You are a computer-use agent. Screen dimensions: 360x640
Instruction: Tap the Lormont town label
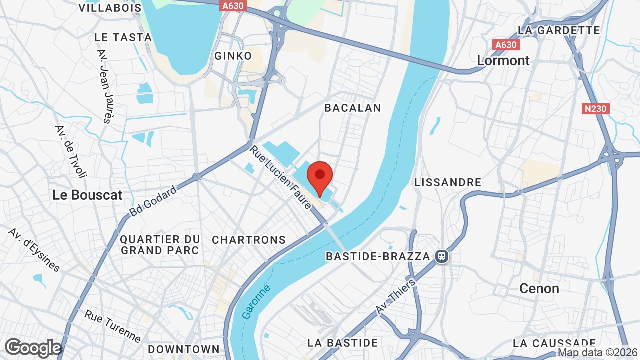click(503, 60)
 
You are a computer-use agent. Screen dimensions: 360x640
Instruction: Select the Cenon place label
click(539, 288)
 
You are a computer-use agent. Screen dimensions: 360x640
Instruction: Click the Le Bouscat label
click(87, 195)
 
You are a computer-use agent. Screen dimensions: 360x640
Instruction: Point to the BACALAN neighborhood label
click(352, 108)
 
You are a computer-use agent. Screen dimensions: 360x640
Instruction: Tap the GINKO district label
click(233, 56)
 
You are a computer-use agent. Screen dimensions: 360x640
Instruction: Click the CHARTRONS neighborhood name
click(249, 240)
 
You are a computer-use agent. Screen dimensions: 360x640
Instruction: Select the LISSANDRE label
click(448, 182)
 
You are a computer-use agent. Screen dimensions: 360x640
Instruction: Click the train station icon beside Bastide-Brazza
click(442, 256)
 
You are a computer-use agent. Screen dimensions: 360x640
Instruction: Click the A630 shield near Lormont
click(506, 45)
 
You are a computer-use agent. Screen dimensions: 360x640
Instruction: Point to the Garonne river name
click(256, 302)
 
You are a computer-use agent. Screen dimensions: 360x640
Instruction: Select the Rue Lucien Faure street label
click(281, 177)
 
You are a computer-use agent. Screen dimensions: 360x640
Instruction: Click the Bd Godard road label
click(153, 201)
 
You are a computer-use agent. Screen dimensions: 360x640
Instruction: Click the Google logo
click(33, 348)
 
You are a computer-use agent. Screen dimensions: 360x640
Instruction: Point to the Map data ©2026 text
click(598, 353)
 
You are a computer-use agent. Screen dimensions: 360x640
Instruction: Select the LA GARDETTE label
click(559, 30)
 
